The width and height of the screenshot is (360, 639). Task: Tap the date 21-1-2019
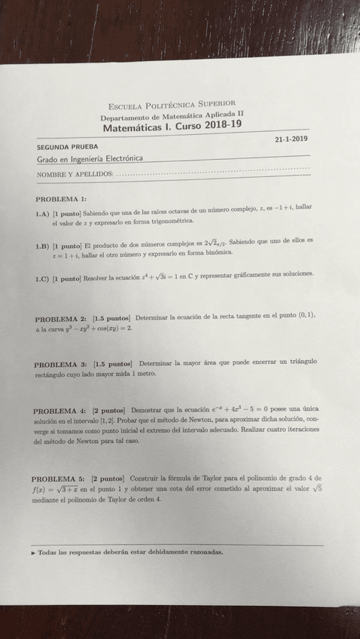[x=292, y=139]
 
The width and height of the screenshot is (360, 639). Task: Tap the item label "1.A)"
[x=43, y=214]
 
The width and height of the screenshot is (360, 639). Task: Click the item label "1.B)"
[x=43, y=246]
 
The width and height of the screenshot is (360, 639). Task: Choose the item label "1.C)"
[x=43, y=278]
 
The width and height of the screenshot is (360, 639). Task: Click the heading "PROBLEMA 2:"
[x=60, y=319]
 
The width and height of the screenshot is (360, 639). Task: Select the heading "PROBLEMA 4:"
[x=59, y=411]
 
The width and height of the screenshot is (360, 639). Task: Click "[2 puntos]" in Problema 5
[x=107, y=478]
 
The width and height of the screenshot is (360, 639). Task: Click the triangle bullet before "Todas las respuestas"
[x=33, y=552]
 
